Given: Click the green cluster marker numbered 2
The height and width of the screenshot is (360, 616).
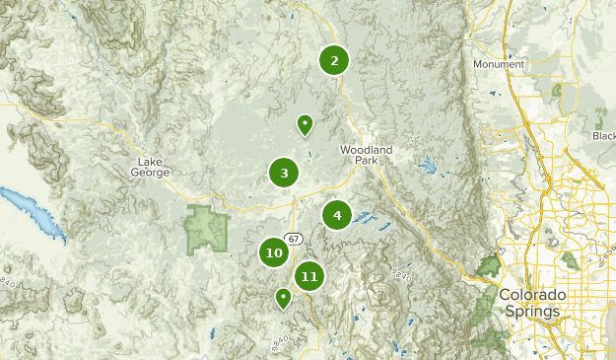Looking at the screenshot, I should [334, 61].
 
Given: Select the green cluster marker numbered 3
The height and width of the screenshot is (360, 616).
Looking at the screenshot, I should [284, 174].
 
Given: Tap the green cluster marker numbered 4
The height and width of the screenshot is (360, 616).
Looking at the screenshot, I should [337, 215].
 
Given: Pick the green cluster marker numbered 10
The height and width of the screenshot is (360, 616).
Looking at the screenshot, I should [274, 253].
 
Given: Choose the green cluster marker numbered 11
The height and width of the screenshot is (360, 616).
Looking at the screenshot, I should [309, 276].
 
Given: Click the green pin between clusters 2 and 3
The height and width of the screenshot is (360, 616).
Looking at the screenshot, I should [306, 125].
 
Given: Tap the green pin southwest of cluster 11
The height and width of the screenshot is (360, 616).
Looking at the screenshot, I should [284, 297].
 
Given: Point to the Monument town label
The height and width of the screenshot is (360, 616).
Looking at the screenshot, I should [498, 65].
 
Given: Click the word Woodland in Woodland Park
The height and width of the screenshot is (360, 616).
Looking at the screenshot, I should [366, 150].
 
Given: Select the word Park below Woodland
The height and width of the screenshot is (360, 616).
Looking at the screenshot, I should [367, 160].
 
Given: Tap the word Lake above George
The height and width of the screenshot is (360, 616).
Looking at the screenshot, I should [151, 162].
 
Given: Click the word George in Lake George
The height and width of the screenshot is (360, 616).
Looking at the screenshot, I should [151, 173].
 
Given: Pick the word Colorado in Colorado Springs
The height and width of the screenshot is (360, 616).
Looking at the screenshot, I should [532, 296].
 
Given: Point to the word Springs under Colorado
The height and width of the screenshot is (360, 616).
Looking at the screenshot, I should [532, 311].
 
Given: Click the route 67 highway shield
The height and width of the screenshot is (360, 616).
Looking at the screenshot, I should [295, 238].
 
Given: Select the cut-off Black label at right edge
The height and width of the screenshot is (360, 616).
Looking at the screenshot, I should [604, 136].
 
